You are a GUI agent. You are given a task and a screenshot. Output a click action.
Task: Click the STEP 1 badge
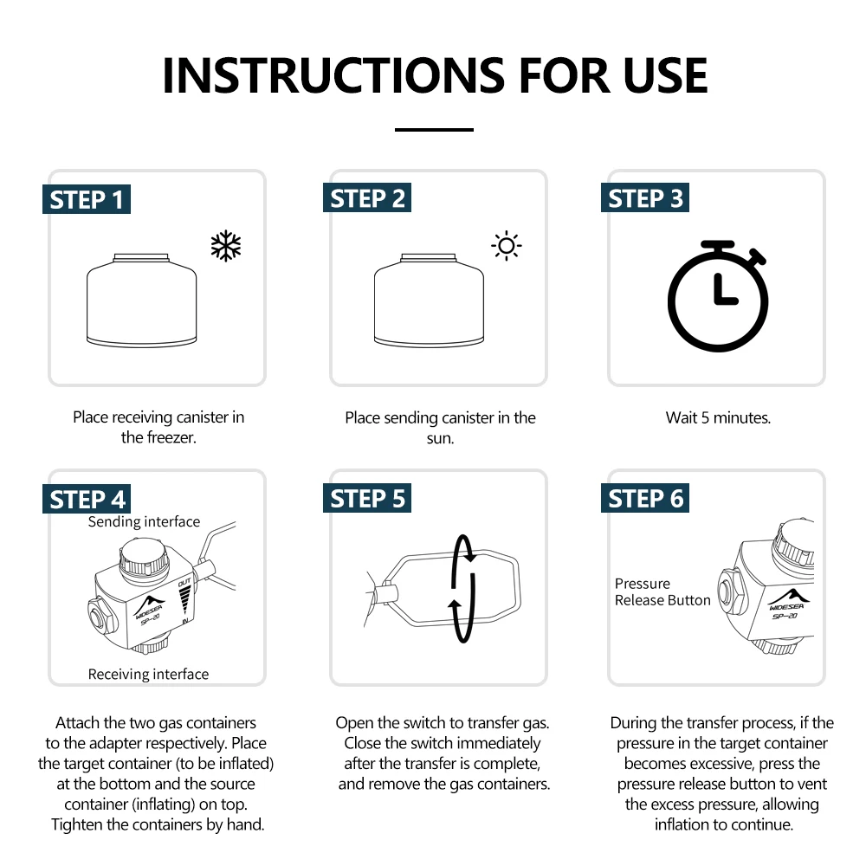[x=87, y=199]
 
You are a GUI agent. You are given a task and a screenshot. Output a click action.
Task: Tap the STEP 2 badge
[x=367, y=197]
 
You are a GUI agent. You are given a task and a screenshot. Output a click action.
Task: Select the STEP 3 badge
[x=645, y=197]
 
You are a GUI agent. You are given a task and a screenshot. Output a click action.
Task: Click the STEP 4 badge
[x=87, y=500]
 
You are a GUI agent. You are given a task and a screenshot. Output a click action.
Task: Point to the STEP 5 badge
[x=367, y=498]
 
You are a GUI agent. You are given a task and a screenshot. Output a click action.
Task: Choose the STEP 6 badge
[x=645, y=498]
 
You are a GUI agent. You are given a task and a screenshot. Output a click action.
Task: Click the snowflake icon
[x=226, y=246]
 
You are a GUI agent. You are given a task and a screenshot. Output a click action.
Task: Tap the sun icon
[x=507, y=246]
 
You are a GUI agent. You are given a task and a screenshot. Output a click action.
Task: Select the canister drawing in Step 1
[x=141, y=301]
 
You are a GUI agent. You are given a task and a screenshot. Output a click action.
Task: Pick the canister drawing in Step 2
[x=430, y=301]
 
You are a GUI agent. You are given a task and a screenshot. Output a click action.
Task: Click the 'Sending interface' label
[x=144, y=522]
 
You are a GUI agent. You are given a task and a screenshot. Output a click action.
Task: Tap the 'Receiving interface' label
[x=149, y=675]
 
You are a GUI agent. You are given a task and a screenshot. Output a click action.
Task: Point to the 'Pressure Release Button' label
[x=662, y=592]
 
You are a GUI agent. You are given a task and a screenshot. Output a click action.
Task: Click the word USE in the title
[x=665, y=75]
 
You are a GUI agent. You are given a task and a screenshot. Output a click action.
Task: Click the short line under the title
[x=434, y=130]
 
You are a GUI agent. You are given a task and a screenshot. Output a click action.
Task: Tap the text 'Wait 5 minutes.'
[x=718, y=417]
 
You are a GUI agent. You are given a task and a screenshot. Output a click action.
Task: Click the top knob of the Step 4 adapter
[x=144, y=559]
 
